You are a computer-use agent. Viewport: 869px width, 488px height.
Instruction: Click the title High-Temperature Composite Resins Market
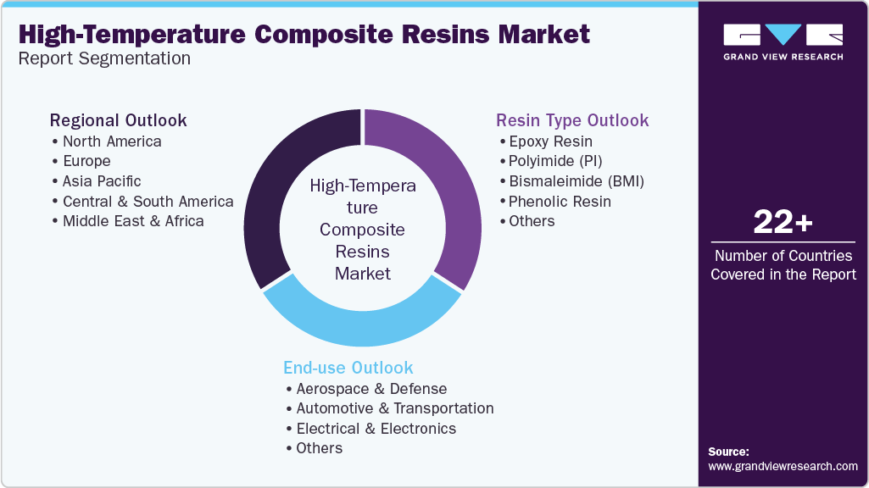click(304, 34)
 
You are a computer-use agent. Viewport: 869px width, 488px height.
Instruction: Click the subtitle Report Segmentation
click(104, 58)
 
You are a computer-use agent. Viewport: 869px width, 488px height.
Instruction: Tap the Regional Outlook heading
click(119, 119)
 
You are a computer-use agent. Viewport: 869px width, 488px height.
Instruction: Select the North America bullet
click(111, 141)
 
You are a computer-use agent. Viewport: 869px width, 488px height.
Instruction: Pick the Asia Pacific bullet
click(101, 180)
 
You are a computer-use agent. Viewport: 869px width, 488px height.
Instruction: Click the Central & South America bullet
click(148, 201)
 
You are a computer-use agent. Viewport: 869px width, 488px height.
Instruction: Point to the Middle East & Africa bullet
click(132, 221)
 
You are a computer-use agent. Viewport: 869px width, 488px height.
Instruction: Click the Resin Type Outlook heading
click(572, 119)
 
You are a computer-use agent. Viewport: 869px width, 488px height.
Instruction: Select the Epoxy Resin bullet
click(550, 141)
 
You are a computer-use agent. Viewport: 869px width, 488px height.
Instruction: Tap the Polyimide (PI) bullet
click(555, 161)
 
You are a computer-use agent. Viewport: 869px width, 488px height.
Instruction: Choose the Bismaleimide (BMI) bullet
click(577, 180)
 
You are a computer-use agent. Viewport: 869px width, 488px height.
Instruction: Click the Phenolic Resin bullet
click(560, 201)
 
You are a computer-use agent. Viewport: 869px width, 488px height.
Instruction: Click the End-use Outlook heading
click(348, 368)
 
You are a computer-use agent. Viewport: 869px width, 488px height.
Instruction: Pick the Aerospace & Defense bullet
click(371, 388)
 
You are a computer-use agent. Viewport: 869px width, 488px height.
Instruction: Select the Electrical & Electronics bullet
click(376, 428)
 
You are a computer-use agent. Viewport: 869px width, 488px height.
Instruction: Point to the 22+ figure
click(783, 223)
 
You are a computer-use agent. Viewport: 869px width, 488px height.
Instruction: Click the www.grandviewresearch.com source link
click(783, 466)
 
